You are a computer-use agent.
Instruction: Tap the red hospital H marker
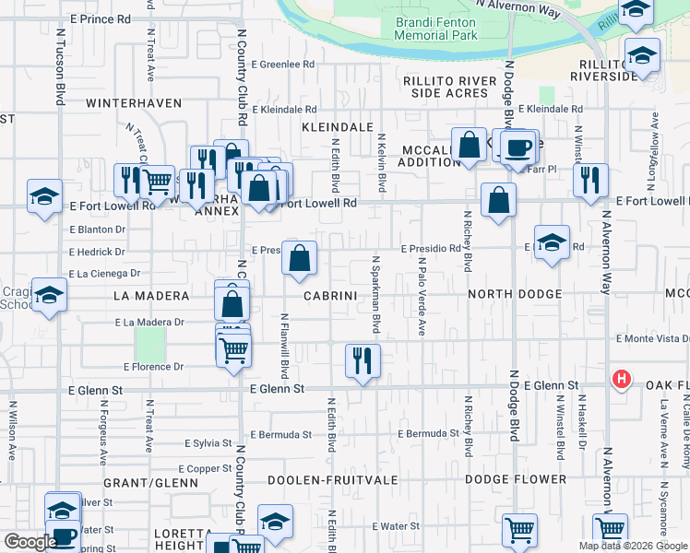[623, 379]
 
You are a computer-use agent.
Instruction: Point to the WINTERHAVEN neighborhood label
[134, 103]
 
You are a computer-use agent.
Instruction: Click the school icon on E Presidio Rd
[552, 242]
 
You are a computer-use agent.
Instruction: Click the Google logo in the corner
[30, 542]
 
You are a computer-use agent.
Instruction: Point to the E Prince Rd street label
[100, 18]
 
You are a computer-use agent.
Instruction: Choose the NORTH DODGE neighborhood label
[515, 294]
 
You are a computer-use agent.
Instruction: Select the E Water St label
[396, 526]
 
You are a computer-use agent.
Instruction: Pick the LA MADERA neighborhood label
[150, 296]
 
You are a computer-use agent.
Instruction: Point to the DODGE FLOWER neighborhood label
[516, 479]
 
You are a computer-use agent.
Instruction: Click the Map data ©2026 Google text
[632, 546]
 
